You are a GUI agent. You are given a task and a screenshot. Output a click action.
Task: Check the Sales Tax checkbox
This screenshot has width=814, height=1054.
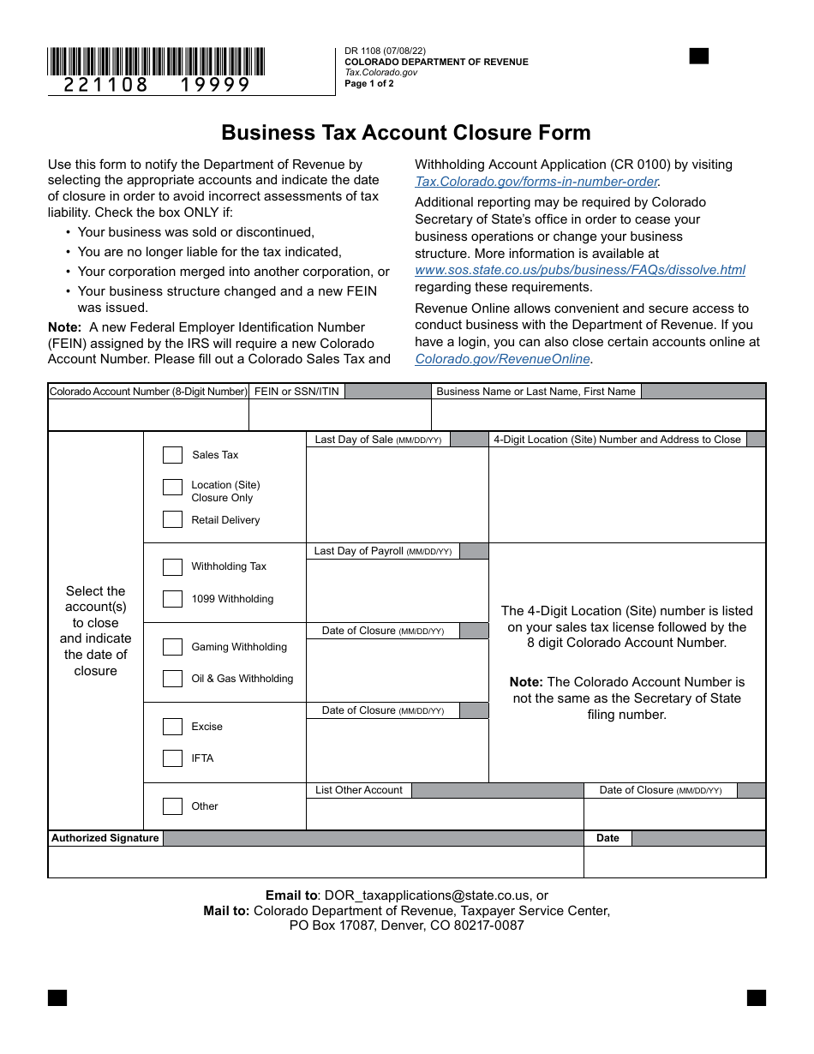pyautogui.click(x=172, y=455)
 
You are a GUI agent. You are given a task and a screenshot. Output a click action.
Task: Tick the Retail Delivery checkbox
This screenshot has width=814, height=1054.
pyautogui.click(x=172, y=520)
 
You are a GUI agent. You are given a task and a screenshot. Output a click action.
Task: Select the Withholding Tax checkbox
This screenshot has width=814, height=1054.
pyautogui.click(x=172, y=566)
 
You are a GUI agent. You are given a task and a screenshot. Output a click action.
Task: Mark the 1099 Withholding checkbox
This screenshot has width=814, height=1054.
pyautogui.click(x=172, y=599)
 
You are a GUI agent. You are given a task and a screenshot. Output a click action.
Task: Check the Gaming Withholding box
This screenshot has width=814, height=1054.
pyautogui.click(x=172, y=647)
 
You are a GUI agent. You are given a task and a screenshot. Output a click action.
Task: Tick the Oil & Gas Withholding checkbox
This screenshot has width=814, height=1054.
pyautogui.click(x=172, y=679)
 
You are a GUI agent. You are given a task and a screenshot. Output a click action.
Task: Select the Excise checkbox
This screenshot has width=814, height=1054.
pyautogui.click(x=172, y=727)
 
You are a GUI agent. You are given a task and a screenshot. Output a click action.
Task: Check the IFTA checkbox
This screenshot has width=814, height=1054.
pyautogui.click(x=172, y=758)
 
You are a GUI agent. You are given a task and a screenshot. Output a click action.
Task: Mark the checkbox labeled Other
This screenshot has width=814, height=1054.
pyautogui.click(x=172, y=806)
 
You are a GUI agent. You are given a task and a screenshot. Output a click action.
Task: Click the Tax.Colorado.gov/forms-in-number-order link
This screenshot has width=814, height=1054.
pyautogui.click(x=536, y=182)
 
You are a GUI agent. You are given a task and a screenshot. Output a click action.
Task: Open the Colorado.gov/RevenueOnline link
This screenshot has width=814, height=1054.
pyautogui.click(x=503, y=359)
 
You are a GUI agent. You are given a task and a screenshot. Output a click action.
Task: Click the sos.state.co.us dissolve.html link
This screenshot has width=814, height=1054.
pyautogui.click(x=580, y=270)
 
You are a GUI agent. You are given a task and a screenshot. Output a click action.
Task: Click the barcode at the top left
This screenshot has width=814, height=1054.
pyautogui.click(x=156, y=62)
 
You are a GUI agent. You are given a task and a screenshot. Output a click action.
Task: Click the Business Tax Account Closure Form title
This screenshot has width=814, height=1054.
pyautogui.click(x=406, y=133)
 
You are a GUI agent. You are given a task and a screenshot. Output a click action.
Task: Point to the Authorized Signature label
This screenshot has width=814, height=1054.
pyautogui.click(x=105, y=838)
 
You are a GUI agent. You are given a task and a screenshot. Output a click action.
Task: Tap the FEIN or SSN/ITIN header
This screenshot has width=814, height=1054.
pyautogui.click(x=296, y=392)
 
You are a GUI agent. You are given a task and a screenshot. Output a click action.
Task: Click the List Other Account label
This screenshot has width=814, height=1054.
pyautogui.click(x=358, y=790)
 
